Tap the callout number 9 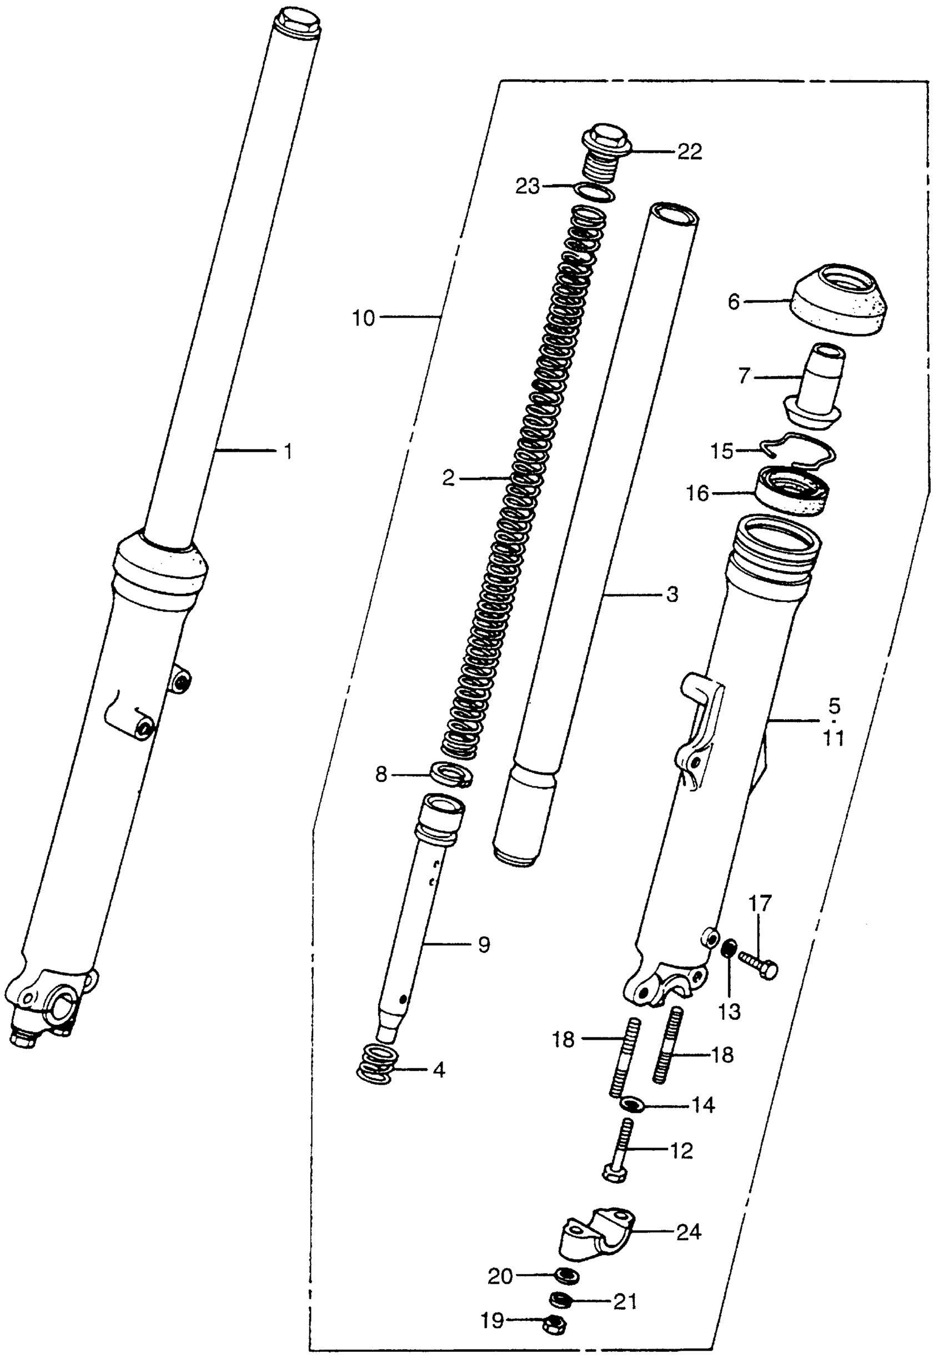coord(484,945)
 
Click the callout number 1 coord(288,452)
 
